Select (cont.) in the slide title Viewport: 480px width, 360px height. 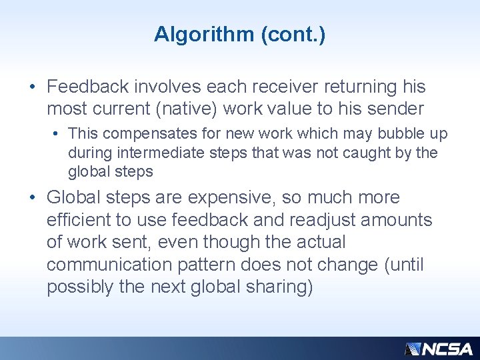point(293,34)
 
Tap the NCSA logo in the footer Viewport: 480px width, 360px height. point(439,349)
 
